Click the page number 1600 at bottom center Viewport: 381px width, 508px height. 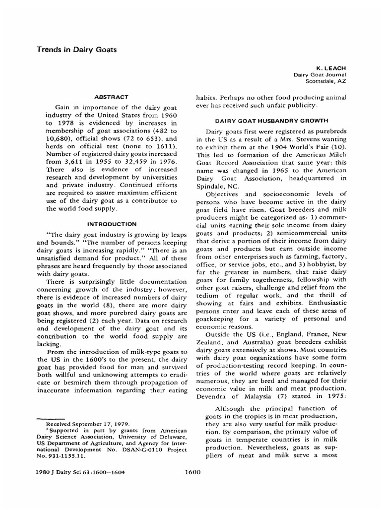pos(191,472)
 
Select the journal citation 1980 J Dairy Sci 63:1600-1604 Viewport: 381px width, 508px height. pos(81,472)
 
